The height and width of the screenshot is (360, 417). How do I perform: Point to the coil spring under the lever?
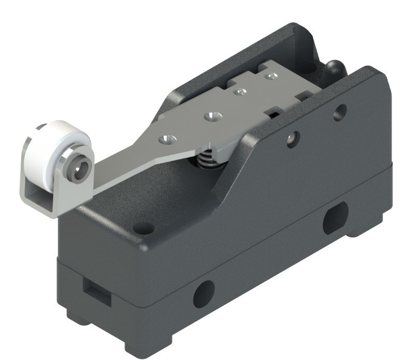pos(206,160)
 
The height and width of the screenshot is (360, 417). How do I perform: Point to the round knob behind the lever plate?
pos(334,67)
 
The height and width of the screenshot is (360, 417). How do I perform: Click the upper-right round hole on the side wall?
pos(340,112)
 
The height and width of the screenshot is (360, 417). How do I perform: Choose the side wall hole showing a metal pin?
pos(292,139)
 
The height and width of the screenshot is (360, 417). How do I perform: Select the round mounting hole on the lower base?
pos(204,294)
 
